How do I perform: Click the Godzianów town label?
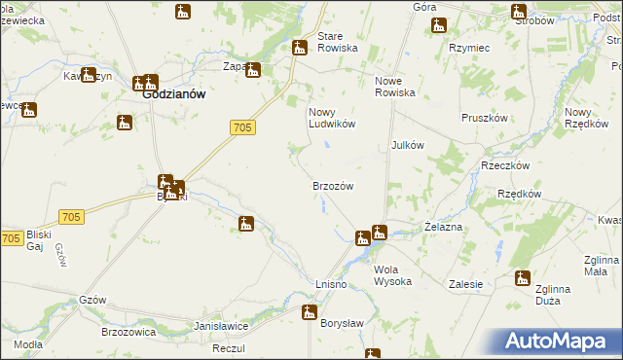[172, 95]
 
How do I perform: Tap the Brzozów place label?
[332, 185]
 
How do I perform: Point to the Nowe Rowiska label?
[395, 87]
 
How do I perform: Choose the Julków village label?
[408, 144]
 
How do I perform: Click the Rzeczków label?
[504, 165]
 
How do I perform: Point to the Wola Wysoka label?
[392, 275]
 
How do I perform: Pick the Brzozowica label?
[129, 332]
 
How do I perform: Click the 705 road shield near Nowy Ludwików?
[243, 127]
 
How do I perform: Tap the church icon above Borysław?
[310, 312]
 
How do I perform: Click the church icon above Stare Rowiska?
[300, 47]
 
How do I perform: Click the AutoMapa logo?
[559, 341]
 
